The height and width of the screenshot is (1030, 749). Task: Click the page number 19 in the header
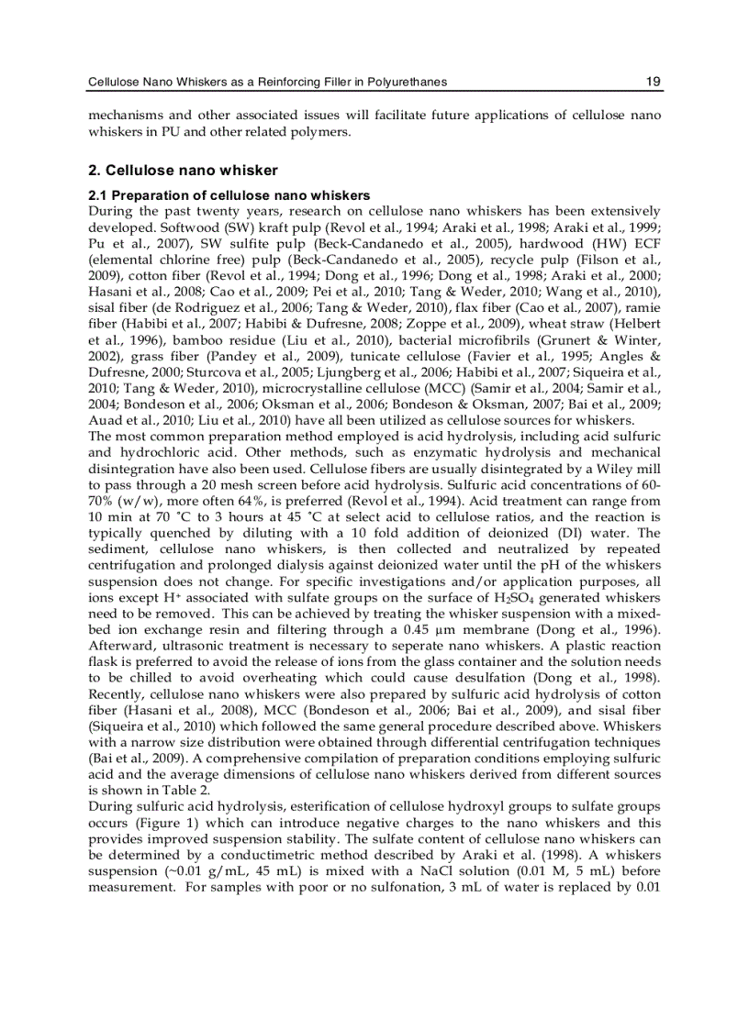[653, 82]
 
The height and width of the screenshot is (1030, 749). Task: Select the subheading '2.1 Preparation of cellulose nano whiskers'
[229, 195]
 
